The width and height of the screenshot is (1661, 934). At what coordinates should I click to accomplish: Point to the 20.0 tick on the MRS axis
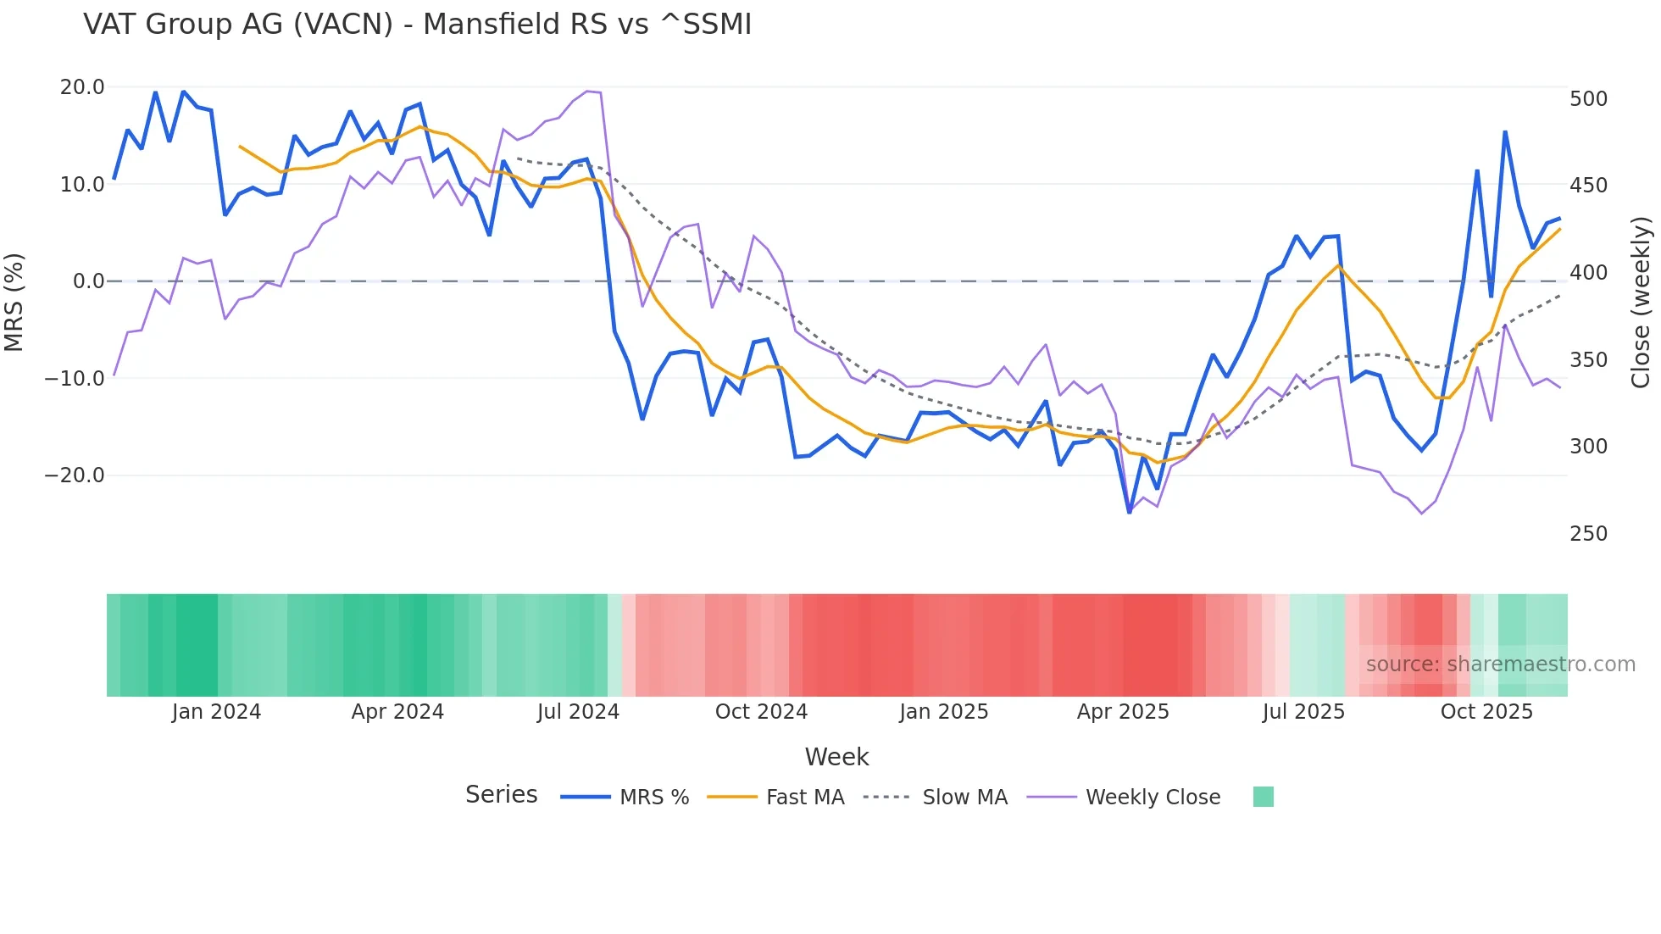(x=82, y=87)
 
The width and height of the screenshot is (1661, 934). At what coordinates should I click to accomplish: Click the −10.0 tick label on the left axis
(x=75, y=379)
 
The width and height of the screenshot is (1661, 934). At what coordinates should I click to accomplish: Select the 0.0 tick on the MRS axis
(x=88, y=281)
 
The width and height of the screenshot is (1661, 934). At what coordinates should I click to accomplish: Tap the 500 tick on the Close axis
(x=1588, y=99)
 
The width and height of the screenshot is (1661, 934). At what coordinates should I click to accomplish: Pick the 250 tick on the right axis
(x=1588, y=534)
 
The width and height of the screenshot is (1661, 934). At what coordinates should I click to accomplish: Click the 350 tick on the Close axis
(x=1588, y=360)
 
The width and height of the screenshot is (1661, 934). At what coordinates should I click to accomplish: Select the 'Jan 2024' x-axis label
(x=216, y=712)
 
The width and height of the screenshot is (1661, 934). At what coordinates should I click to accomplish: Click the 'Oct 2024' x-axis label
(x=761, y=712)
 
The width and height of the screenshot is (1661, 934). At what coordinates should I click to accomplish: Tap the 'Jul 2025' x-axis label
(x=1303, y=712)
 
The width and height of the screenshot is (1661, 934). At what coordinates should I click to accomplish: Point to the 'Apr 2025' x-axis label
(x=1123, y=712)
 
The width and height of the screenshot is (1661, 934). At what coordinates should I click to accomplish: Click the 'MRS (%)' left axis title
(x=14, y=302)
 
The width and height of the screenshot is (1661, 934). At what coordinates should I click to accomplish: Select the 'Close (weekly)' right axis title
(x=1642, y=303)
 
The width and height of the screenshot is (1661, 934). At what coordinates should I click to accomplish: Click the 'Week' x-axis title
(x=836, y=757)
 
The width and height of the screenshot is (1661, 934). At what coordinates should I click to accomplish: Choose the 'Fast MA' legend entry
(x=804, y=798)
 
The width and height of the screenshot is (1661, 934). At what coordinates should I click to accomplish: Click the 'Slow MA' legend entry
(x=964, y=798)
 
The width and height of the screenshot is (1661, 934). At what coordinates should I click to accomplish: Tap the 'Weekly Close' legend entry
(x=1153, y=798)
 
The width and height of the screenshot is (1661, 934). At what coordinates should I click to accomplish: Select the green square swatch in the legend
(x=1263, y=797)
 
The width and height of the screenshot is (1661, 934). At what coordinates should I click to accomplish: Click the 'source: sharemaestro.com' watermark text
(x=1500, y=664)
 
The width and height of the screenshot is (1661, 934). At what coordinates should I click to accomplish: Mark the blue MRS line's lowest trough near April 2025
(x=1129, y=512)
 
